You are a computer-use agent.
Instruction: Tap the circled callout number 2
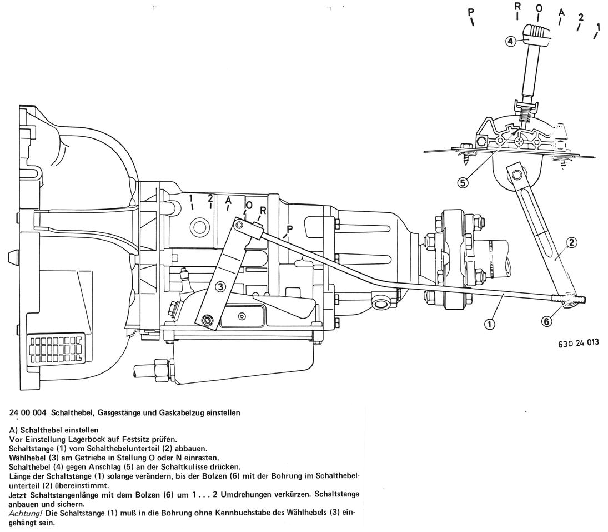(x=572, y=242)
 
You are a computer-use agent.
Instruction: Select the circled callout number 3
(x=220, y=287)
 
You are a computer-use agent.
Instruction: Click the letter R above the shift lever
(x=517, y=7)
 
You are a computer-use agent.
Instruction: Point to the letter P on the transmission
(x=290, y=228)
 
